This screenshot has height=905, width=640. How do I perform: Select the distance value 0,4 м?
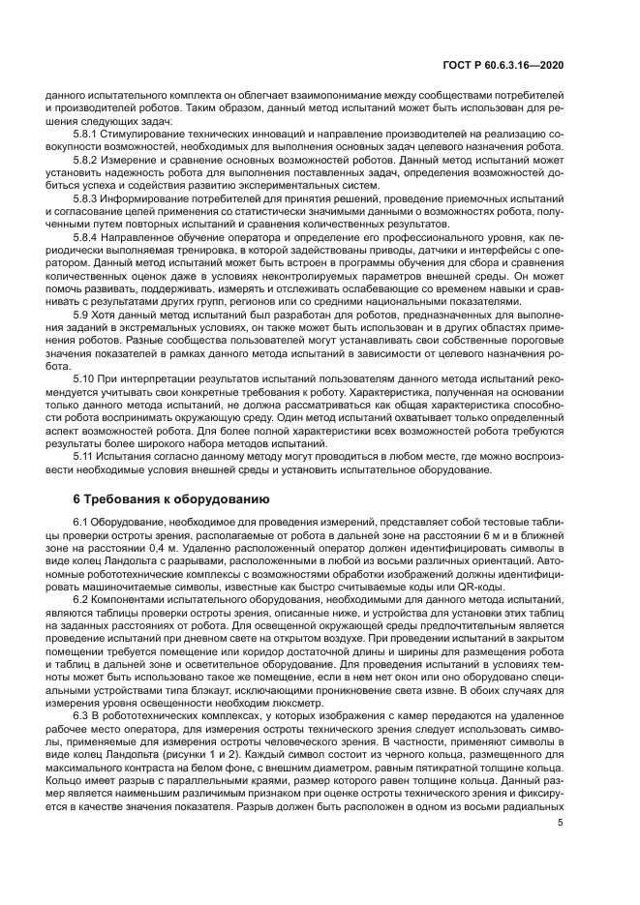pos(160,549)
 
